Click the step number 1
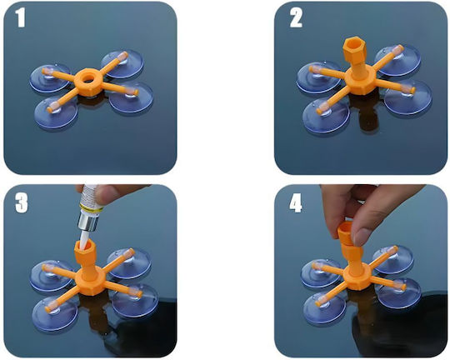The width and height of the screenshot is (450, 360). tap(21, 17)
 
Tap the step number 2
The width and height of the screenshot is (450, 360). tap(296, 17)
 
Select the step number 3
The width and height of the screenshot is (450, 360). tap(21, 203)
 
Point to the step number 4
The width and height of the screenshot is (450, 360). tap(296, 203)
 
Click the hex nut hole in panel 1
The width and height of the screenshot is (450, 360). tap(87, 78)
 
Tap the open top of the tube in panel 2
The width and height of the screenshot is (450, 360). tap(354, 44)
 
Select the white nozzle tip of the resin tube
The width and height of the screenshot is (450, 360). tap(85, 240)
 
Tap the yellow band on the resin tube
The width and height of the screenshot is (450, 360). tap(89, 209)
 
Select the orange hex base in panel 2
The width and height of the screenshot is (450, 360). tap(360, 81)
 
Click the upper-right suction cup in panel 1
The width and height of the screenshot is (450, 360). tap(122, 63)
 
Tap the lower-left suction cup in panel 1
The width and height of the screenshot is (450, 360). tap(56, 112)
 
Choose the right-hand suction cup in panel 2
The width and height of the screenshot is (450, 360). tap(407, 97)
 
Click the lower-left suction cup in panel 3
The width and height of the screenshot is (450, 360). tap(54, 313)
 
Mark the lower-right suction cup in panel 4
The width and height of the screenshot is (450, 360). tap(399, 292)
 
